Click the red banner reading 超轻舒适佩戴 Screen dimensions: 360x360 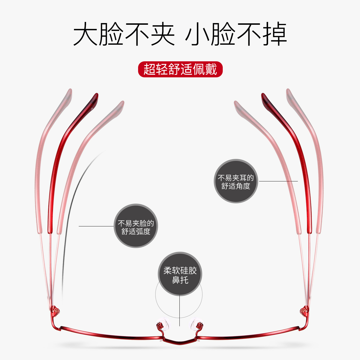(180, 69)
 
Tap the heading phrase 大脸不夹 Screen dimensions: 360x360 (124, 34)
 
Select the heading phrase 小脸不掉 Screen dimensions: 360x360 (236, 34)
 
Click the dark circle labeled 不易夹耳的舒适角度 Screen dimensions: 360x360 (236, 181)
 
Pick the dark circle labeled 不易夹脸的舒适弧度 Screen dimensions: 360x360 (136, 226)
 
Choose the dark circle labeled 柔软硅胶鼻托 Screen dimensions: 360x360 (180, 273)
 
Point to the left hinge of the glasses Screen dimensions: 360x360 (55, 310)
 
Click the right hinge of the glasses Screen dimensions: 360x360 (304, 310)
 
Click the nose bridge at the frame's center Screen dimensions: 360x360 (180, 341)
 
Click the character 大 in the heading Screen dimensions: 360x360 (85, 34)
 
